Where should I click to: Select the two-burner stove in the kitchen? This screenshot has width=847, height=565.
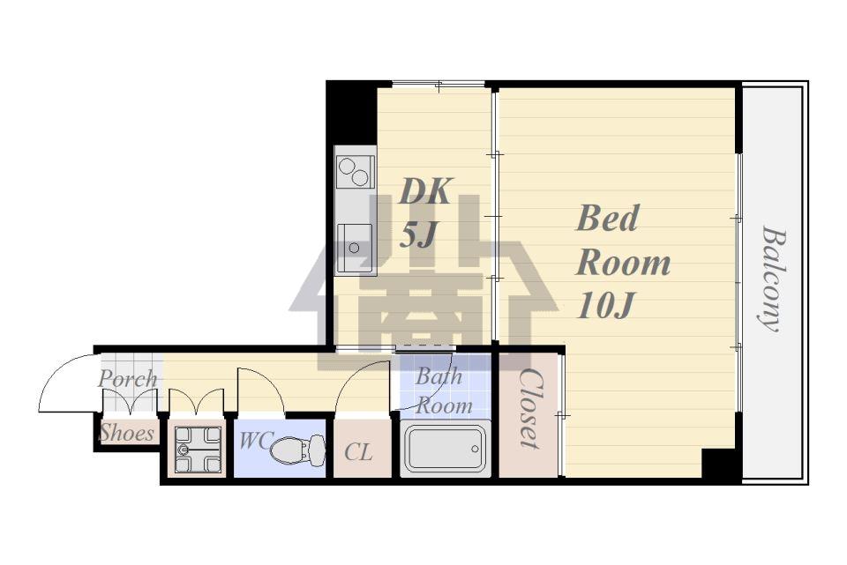pos(355,172)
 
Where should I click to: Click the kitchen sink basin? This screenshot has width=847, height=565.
pos(355,248)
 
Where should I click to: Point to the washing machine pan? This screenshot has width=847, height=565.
pos(199,449)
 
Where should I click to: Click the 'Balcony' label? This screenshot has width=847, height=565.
pos(773,279)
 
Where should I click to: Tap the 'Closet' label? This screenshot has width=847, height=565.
pos(529,408)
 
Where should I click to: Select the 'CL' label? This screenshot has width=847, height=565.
pos(359,452)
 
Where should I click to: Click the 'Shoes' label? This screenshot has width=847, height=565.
pos(127,433)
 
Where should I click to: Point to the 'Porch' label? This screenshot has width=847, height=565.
pos(128,378)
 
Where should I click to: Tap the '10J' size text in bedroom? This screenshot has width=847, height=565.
pos(604,306)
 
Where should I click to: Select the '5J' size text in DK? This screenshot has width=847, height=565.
pos(417,234)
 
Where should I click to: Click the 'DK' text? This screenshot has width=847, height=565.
pos(424,191)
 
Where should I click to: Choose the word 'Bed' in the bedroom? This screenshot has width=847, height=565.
pos(608,218)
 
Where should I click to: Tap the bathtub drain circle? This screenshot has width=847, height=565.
pos(475,449)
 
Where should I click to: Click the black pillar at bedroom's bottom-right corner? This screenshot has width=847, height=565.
pos(718,463)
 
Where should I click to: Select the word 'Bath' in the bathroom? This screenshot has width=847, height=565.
pos(438,376)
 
